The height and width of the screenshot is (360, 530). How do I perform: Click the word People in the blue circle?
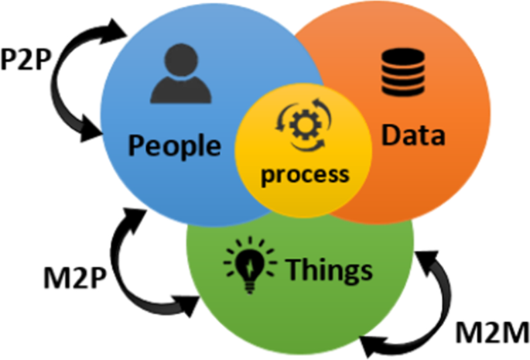point(174,145)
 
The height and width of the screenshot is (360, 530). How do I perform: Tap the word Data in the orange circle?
point(415,135)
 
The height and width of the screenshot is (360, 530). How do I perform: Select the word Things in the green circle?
point(329,270)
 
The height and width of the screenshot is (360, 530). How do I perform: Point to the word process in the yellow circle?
point(304,174)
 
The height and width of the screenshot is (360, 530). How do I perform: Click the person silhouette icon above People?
point(180,74)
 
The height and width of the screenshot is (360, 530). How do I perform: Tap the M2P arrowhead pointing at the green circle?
point(187,303)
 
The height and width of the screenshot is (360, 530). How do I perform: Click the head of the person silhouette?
point(180,58)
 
